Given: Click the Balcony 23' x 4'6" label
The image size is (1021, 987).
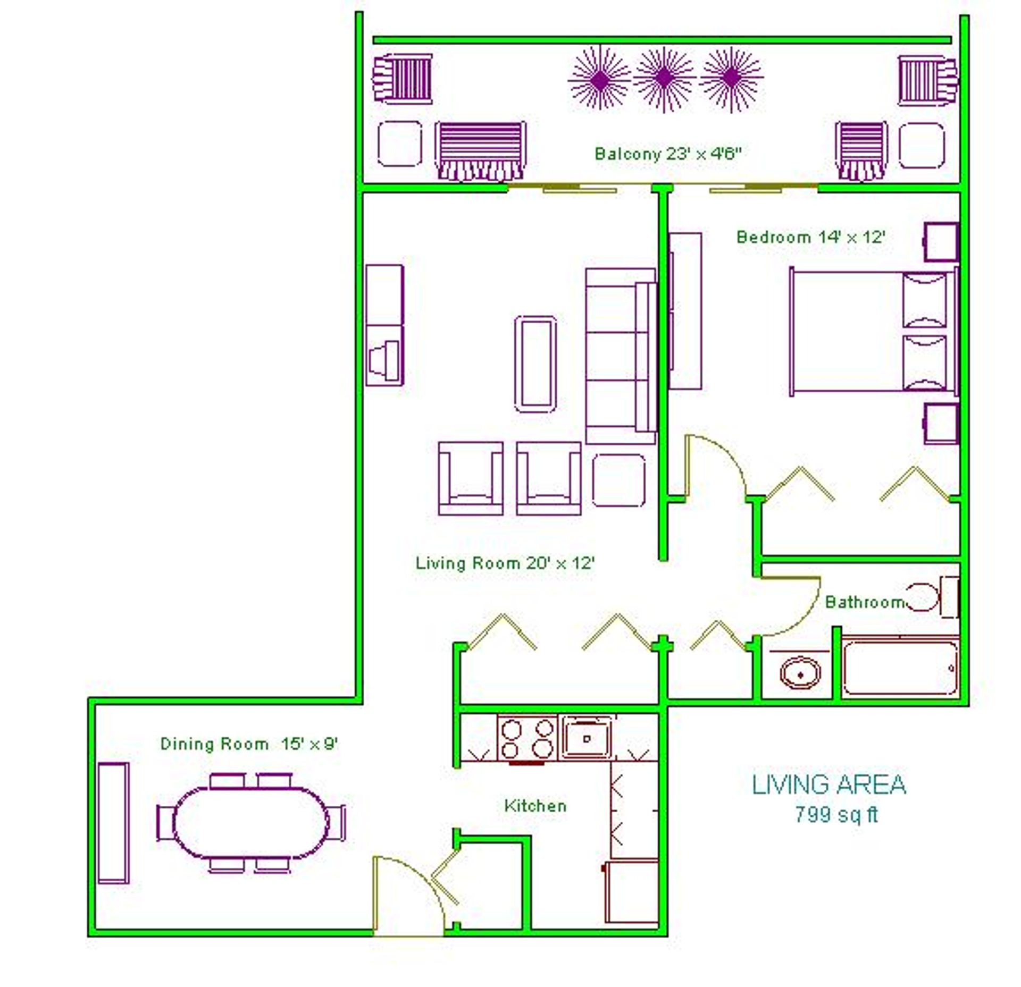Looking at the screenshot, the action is click(668, 154).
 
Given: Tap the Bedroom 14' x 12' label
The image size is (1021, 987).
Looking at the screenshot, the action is click(810, 237).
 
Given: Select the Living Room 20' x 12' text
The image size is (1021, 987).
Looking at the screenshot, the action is click(505, 563).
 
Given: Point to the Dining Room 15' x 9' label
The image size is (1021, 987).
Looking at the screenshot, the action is click(249, 744).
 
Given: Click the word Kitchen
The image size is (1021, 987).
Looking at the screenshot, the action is click(535, 805).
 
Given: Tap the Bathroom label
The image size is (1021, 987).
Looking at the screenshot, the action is click(865, 602).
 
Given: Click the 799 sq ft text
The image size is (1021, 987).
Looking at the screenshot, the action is click(836, 814).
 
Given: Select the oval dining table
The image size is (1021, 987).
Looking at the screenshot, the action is click(251, 822).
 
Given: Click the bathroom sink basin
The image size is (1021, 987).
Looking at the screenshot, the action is click(800, 673).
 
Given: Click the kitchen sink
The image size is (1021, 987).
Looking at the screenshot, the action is click(587, 737).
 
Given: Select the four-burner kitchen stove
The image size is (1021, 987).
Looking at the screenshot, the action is click(527, 738).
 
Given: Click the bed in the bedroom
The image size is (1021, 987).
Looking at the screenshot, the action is click(874, 332).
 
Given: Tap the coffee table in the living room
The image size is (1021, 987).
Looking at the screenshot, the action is click(535, 365).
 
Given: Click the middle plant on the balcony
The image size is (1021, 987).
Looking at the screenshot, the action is click(665, 79).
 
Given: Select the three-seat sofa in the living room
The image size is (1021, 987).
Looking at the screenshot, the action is click(621, 356).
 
